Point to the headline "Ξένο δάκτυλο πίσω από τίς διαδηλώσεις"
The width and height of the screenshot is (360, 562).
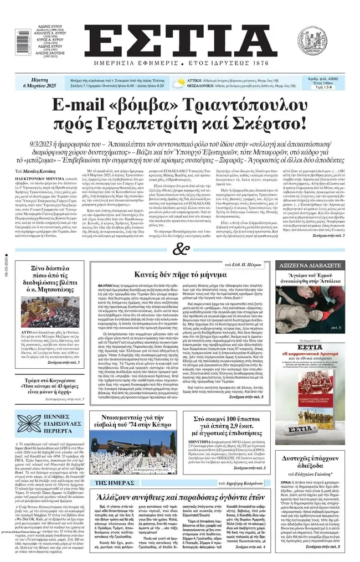coord(50,277)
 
